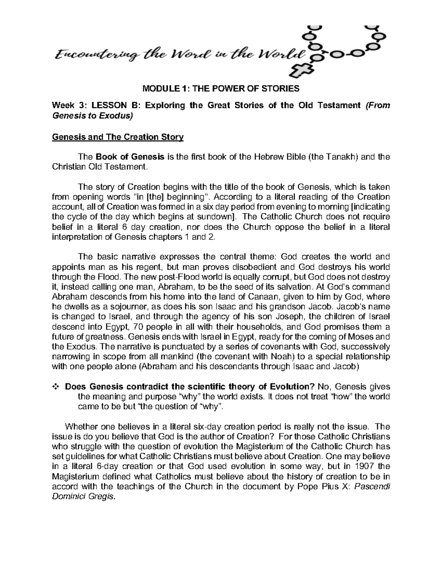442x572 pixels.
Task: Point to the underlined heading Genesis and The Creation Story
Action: point(117,137)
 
